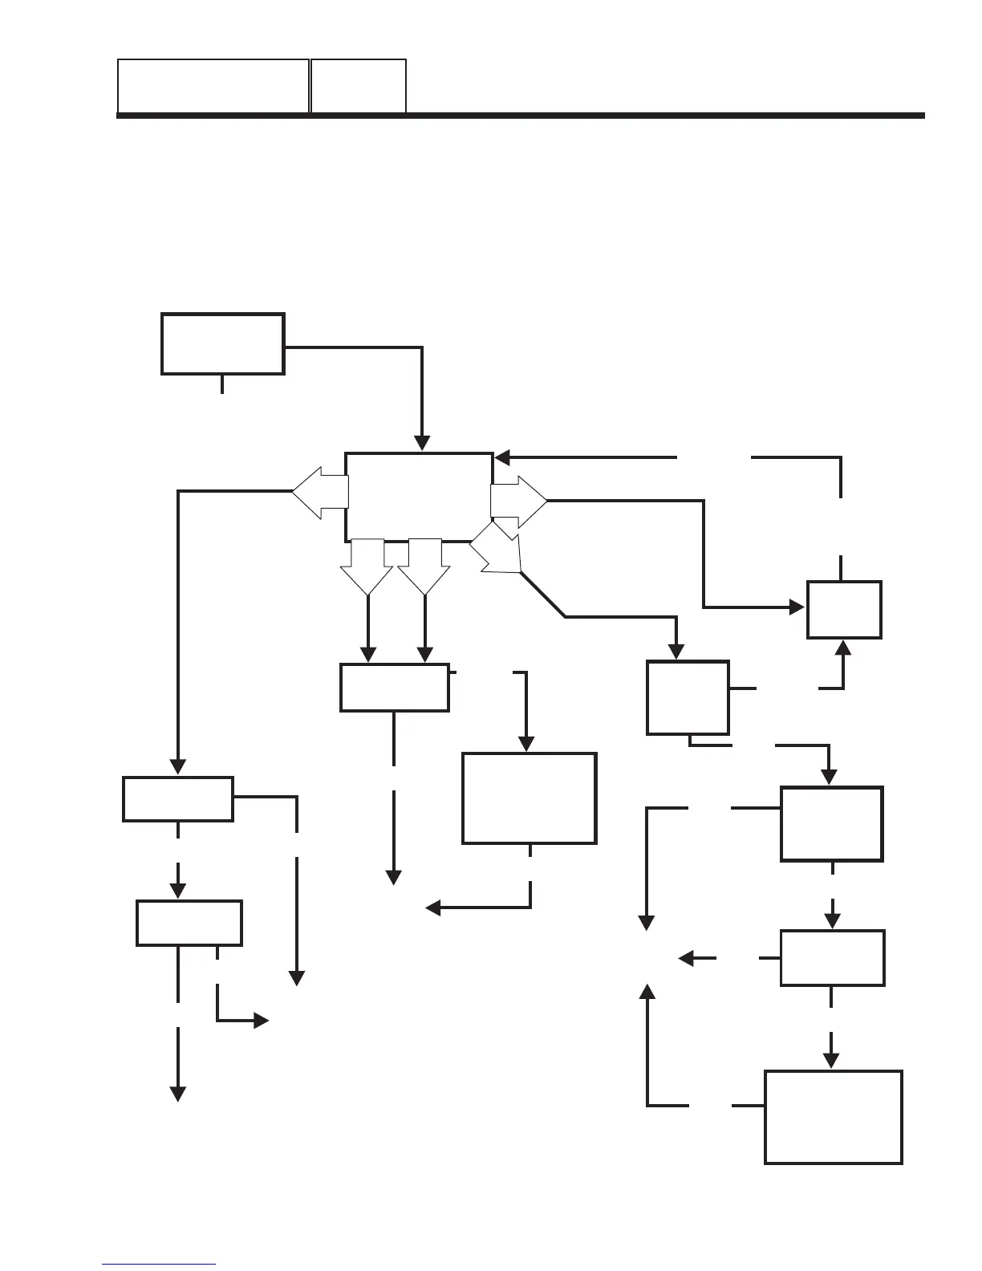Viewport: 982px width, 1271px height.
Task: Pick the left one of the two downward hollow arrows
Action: point(367,566)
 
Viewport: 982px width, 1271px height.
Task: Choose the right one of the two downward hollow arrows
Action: point(424,566)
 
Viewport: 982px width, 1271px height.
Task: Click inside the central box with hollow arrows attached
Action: point(418,497)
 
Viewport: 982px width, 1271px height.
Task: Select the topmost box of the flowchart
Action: point(222,343)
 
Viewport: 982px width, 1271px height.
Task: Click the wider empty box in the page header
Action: point(213,85)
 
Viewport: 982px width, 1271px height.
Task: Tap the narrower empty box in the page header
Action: point(358,85)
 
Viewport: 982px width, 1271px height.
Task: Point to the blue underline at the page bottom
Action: point(159,1265)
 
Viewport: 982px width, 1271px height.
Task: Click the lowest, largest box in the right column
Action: point(833,1116)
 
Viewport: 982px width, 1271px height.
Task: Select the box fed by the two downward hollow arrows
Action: point(394,687)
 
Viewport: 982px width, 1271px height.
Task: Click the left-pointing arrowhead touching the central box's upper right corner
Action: point(503,458)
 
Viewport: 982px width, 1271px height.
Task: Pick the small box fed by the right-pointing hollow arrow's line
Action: point(844,609)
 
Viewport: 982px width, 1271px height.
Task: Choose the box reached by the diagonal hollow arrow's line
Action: point(688,697)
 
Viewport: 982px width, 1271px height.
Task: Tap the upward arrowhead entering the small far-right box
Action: point(843,648)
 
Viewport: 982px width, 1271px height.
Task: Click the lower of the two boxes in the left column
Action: point(189,923)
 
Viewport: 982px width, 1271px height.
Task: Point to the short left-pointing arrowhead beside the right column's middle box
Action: point(686,958)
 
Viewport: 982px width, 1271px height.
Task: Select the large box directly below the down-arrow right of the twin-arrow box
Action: point(529,798)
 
